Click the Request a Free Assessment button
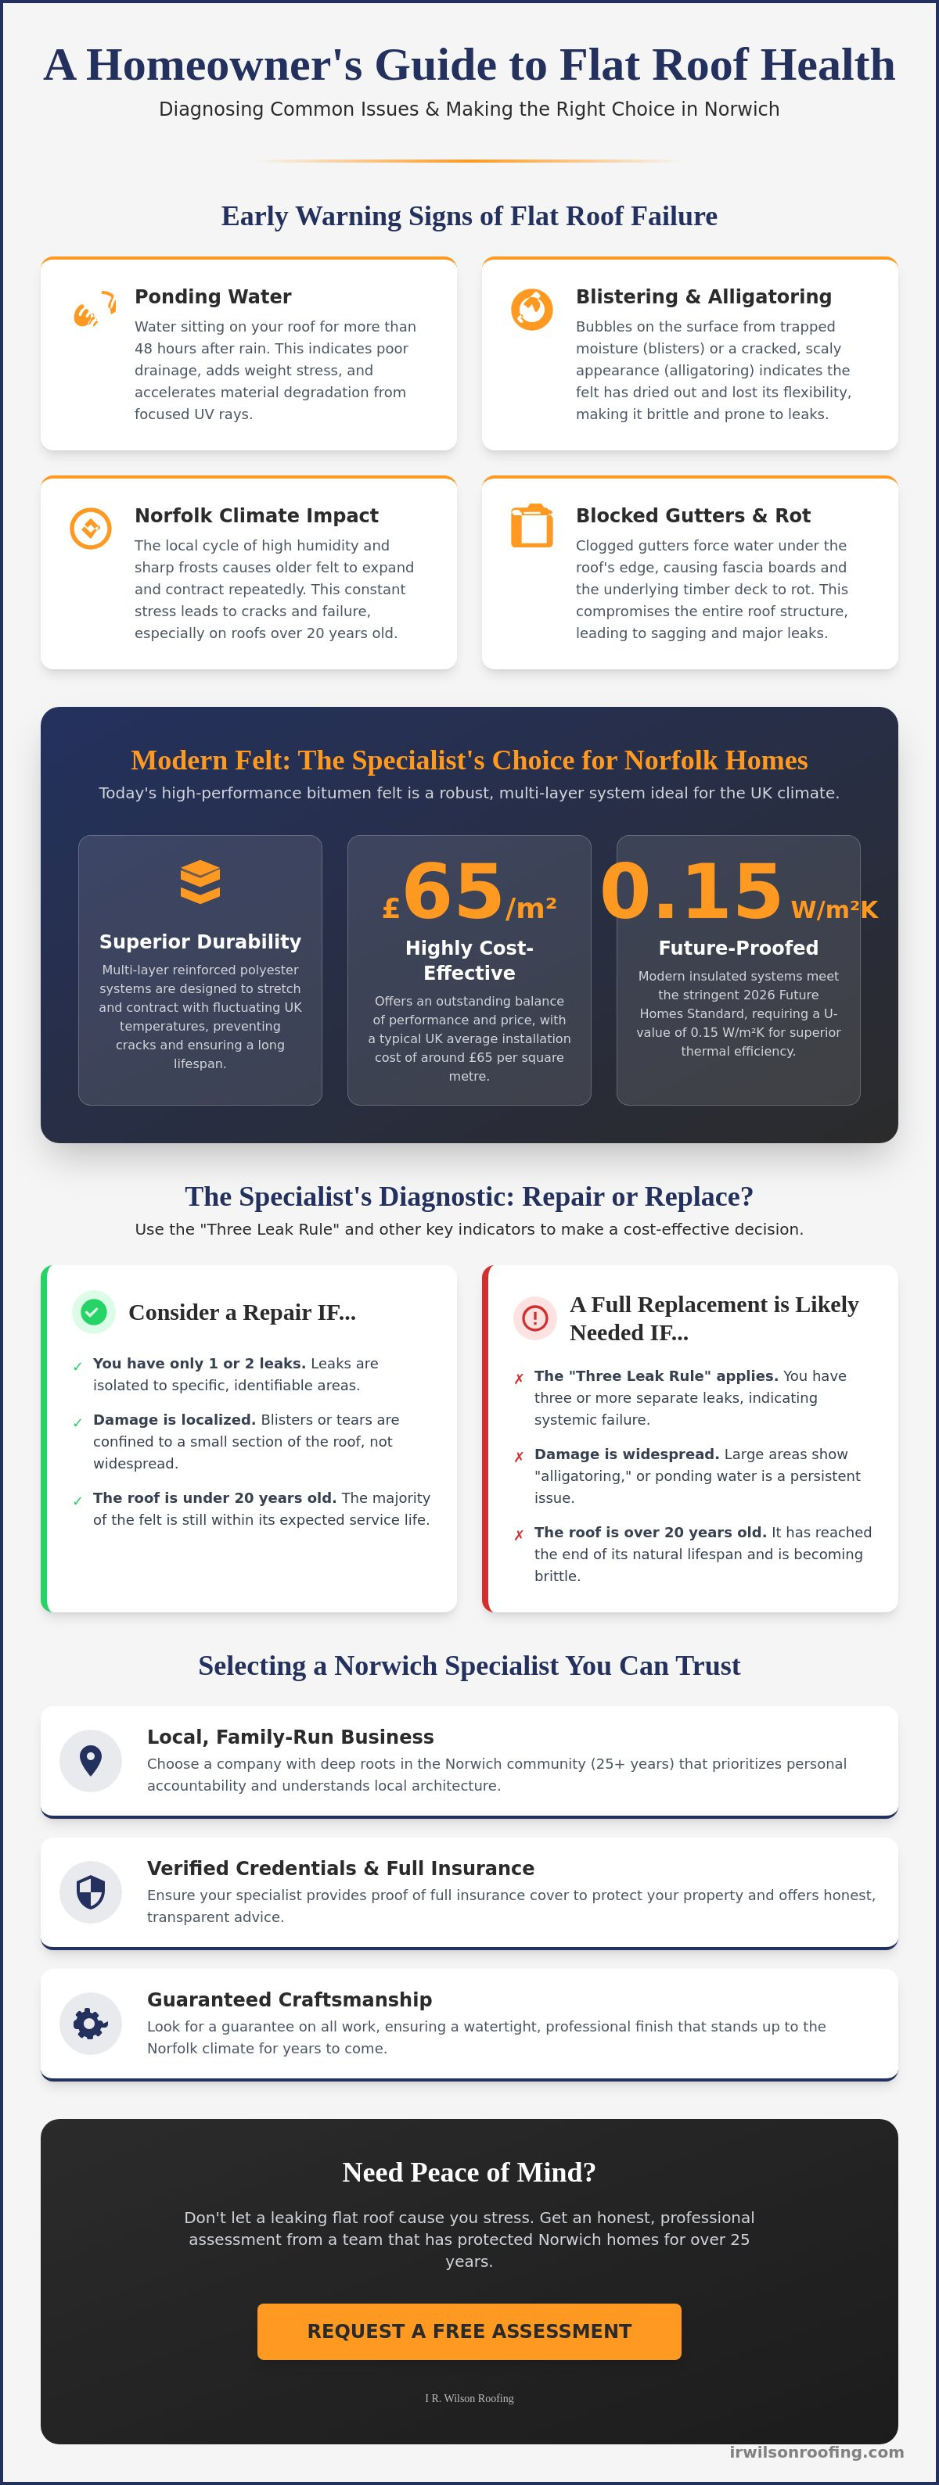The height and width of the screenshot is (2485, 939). (469, 2331)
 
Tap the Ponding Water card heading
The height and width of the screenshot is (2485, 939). (212, 296)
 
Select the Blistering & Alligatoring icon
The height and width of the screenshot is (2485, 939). (532, 310)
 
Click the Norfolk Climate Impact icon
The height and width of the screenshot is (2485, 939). (91, 529)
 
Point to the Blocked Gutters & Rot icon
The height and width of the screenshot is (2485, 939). (532, 525)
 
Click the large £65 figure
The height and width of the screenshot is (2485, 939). (469, 891)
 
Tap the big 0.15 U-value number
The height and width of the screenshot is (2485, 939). (691, 891)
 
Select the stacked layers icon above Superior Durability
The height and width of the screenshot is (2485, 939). (200, 882)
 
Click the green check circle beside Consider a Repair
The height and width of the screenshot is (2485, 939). (94, 1312)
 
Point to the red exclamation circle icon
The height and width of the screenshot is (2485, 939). (534, 1318)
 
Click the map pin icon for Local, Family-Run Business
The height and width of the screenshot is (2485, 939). (91, 1760)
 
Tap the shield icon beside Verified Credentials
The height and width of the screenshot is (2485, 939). (91, 1892)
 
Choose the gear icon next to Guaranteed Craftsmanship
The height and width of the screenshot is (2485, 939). (91, 2023)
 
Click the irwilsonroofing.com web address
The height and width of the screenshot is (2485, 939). (816, 2451)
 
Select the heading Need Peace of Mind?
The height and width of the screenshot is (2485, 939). (469, 2171)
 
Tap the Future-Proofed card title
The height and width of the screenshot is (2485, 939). (738, 947)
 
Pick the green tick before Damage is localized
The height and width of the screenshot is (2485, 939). (77, 1422)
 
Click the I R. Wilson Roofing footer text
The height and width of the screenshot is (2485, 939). (469, 2398)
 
